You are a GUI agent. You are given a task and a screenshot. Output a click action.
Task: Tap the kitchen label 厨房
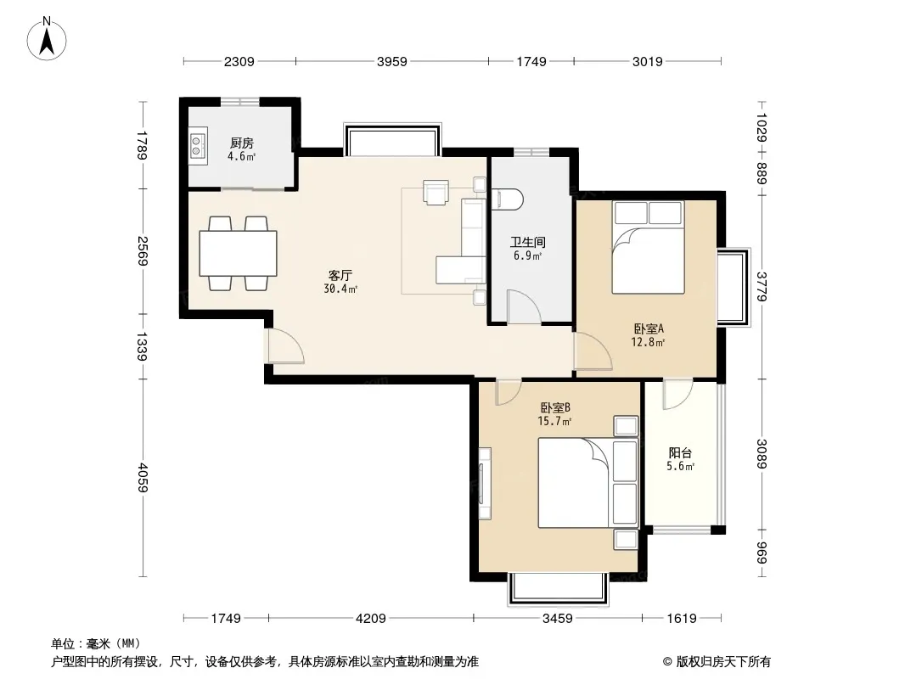[x=241, y=143]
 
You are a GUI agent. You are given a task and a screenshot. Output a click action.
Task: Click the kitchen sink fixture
[x=198, y=145]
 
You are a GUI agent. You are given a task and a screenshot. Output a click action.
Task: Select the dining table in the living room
[x=238, y=254]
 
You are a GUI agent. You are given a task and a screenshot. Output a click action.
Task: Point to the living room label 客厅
[x=340, y=276]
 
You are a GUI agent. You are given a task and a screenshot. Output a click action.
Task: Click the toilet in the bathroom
[x=506, y=199]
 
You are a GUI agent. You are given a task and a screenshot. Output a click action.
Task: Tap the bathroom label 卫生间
[x=527, y=242]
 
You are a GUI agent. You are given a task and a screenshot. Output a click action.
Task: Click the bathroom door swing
[x=524, y=306]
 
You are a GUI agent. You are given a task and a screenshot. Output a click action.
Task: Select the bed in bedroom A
[x=648, y=248]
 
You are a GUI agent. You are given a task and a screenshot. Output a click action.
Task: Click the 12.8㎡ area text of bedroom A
[x=648, y=342]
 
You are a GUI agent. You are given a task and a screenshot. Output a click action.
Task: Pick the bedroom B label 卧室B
[x=555, y=408]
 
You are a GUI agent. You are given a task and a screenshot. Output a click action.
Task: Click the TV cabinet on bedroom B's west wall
[x=485, y=484]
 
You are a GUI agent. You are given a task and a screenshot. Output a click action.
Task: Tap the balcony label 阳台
[x=680, y=453]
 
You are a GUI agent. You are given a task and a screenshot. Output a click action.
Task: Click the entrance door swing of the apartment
[x=284, y=345]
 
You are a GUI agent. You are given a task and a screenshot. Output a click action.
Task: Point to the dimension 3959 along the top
[x=392, y=61]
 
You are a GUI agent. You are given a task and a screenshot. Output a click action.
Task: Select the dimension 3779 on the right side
[x=762, y=286]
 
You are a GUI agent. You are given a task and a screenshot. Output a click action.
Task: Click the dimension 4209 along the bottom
[x=370, y=619]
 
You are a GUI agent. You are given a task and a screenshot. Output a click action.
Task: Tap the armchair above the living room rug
[x=436, y=192]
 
